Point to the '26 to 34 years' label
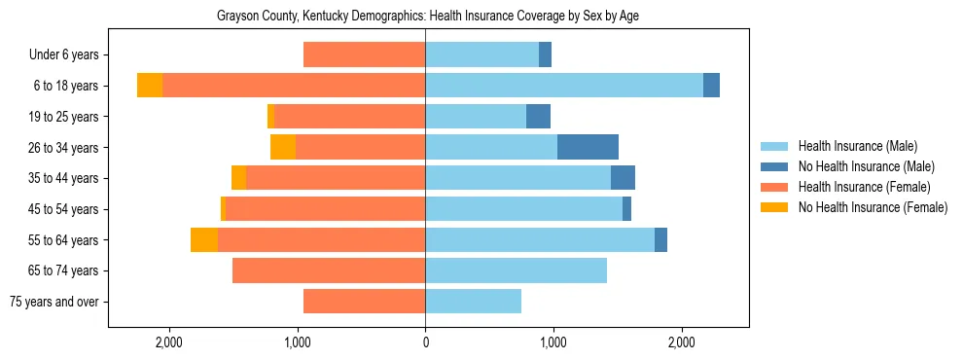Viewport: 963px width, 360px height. pyautogui.click(x=64, y=147)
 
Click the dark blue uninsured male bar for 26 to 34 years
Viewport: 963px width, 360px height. pyautogui.click(x=588, y=147)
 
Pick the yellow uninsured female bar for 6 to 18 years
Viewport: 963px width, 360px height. pyautogui.click(x=150, y=86)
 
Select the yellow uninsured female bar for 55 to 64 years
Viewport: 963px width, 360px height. pyautogui.click(x=204, y=239)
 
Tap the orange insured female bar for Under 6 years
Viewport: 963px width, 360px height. pyautogui.click(x=364, y=54)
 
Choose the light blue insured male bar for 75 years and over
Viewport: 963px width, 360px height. pyautogui.click(x=473, y=302)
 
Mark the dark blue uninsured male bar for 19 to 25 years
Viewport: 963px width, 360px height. pyautogui.click(x=538, y=117)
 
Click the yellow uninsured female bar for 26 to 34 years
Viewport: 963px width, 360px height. pyautogui.click(x=283, y=147)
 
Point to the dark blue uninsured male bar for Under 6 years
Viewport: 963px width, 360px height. pyautogui.click(x=545, y=54)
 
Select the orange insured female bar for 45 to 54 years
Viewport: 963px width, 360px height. pyautogui.click(x=325, y=209)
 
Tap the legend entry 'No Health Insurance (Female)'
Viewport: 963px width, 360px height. pyautogui.click(x=873, y=207)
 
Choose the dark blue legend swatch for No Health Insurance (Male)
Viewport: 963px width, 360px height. pyautogui.click(x=774, y=166)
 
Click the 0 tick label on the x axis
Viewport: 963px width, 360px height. pyautogui.click(x=425, y=342)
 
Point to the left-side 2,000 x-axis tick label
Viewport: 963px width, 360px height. pyautogui.click(x=168, y=342)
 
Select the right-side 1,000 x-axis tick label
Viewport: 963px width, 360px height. pyautogui.click(x=553, y=342)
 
